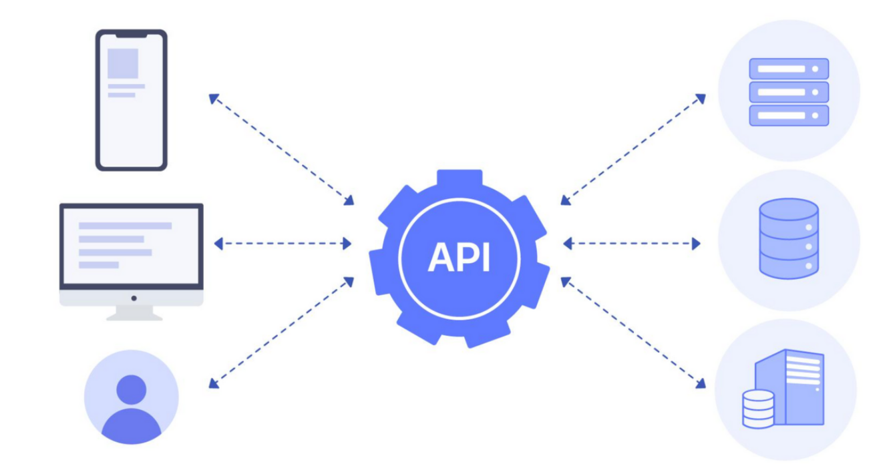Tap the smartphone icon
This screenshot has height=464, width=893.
131,100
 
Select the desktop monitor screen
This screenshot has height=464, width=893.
131,244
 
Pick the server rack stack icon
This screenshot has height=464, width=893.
789,91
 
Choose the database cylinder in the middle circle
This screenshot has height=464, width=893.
789,238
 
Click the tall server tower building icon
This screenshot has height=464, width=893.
798,387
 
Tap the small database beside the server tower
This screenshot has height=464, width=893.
758,409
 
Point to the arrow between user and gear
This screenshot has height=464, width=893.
281,332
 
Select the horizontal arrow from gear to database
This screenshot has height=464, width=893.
632,244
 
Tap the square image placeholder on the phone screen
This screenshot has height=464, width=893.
123,63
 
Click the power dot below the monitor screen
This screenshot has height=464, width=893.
134,298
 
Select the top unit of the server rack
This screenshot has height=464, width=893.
789,69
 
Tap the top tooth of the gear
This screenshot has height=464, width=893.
459,179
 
